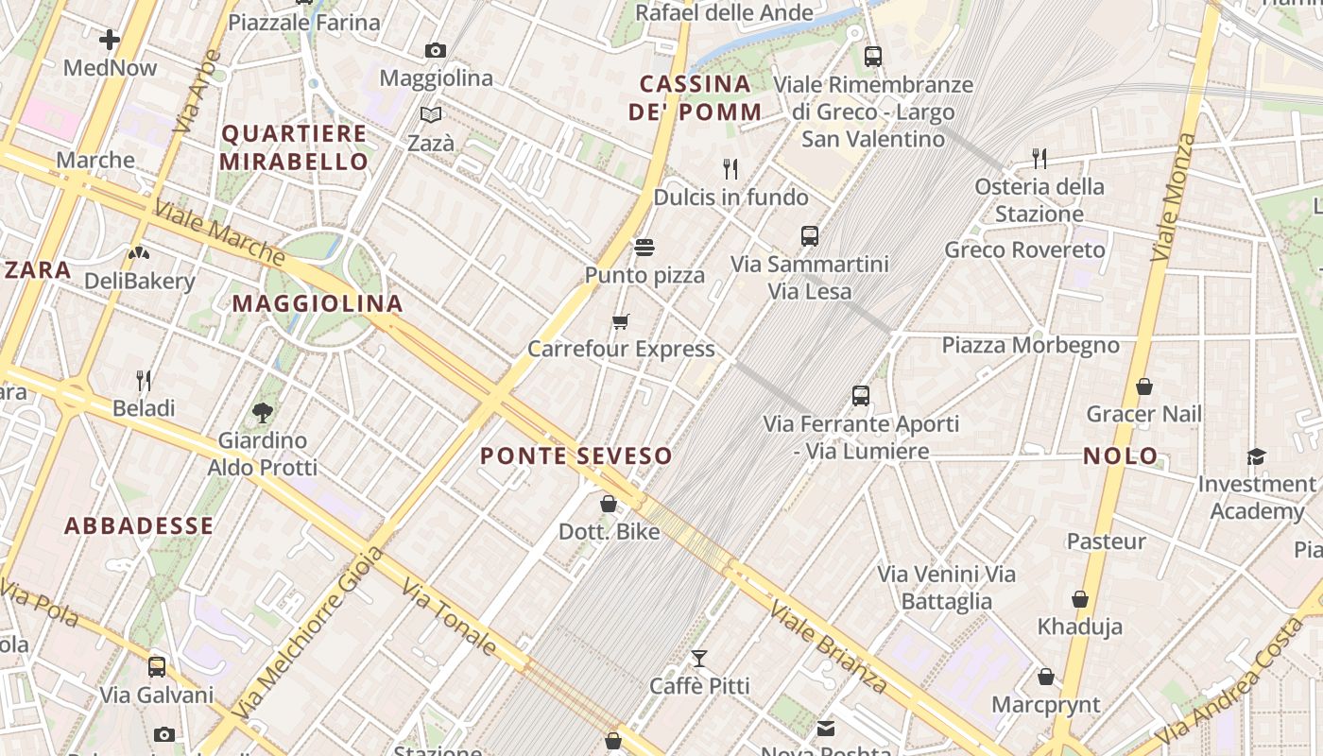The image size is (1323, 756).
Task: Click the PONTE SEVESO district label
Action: point(576,455)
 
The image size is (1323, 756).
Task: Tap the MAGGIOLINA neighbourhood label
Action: point(318,303)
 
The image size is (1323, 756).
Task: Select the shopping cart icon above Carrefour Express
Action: point(620,322)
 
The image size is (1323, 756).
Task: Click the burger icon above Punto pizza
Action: point(644,248)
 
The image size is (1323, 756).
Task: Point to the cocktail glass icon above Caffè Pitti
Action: point(699,659)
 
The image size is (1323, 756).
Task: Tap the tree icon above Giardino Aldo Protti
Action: point(263,412)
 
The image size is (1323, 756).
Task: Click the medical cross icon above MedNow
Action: point(110,40)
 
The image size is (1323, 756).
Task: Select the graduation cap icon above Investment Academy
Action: point(1256,457)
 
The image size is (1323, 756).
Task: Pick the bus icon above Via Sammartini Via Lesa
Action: point(810,236)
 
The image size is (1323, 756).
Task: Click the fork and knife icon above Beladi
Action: point(144,381)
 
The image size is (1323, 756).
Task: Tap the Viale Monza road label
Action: point(1174,198)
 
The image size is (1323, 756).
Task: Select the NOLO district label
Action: point(1121,455)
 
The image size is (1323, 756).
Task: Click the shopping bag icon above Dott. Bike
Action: point(609,504)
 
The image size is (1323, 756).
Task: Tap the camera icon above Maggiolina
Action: point(436,50)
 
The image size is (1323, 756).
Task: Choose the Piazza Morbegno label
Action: point(1030,345)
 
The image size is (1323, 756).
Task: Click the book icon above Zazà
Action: point(431,115)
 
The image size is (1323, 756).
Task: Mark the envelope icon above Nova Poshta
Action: point(826,728)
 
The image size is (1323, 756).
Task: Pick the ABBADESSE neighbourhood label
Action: point(139,526)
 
